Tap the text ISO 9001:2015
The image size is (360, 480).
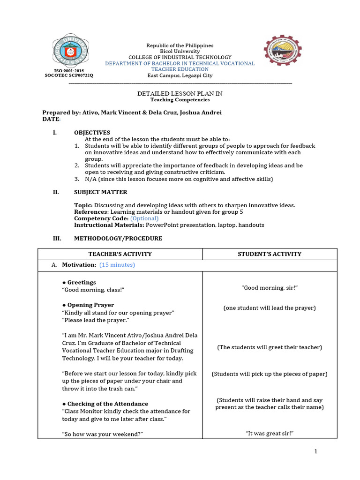[x=69, y=70]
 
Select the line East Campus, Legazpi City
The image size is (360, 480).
[x=180, y=75]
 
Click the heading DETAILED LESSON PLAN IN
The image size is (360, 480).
[x=180, y=94]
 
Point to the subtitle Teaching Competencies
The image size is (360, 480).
[x=180, y=100]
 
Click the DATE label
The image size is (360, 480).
[x=51, y=120]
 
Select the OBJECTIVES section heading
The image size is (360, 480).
[x=92, y=133]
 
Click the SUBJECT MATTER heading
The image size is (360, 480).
[x=100, y=192]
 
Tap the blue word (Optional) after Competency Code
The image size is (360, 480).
[x=144, y=218]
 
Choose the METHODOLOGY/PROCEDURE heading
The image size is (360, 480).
[x=118, y=239]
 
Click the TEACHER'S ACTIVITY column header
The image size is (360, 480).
[x=120, y=254]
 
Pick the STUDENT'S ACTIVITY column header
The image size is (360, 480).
[x=270, y=254]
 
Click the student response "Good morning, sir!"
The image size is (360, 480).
[x=270, y=288]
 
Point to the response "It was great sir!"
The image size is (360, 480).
[x=270, y=434]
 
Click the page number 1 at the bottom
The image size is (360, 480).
[x=316, y=451]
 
